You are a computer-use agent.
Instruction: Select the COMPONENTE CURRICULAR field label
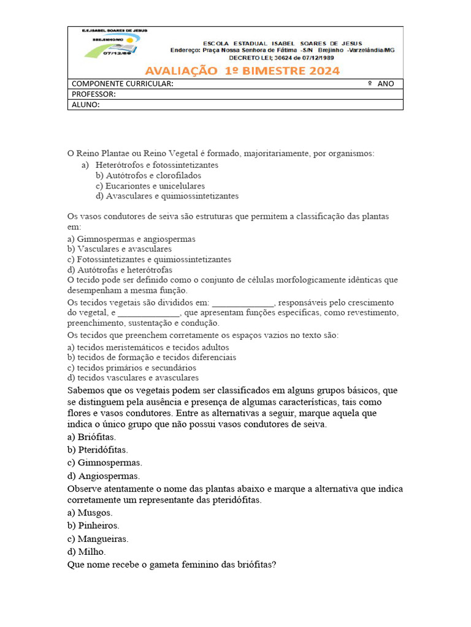(x=122, y=84)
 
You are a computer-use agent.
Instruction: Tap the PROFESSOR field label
(x=93, y=94)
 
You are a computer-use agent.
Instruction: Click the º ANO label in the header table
(x=381, y=84)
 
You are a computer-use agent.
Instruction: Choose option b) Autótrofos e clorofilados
(x=148, y=175)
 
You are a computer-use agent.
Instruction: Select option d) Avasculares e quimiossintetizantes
(x=167, y=196)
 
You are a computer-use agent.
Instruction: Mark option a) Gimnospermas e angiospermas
(x=131, y=239)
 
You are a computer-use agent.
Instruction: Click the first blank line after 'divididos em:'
(x=243, y=303)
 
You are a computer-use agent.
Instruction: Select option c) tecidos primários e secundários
(x=132, y=368)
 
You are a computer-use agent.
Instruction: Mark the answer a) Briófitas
(x=91, y=437)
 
